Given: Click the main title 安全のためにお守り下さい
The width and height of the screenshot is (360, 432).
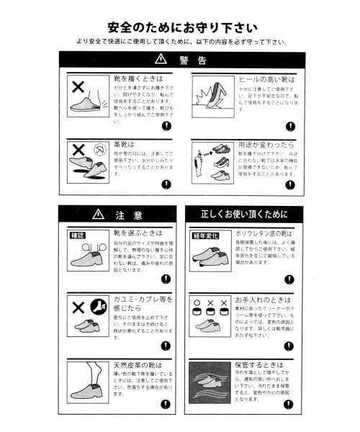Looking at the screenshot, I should [179, 27].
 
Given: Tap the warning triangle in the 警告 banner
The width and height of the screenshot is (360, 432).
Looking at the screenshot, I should [160, 60].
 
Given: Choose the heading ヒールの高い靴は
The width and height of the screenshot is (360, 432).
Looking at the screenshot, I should [266, 78].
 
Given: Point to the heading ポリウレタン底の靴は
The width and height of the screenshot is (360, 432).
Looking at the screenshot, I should [271, 235].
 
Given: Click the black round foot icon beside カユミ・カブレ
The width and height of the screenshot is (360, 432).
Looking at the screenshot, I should [99, 305].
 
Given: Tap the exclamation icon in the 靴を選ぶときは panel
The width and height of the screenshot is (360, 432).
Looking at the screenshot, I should [166, 278].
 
